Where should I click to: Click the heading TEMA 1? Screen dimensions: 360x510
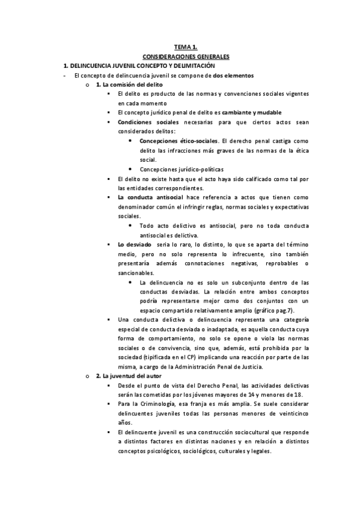coord(186,46)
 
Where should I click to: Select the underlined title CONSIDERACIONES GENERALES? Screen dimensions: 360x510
coord(186,56)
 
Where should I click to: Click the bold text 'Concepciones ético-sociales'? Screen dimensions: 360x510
coord(175,141)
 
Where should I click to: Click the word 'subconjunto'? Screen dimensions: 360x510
coord(249,282)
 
